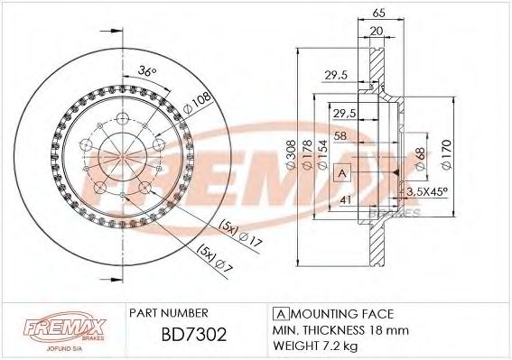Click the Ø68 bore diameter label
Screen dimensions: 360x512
[x=419, y=159]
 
